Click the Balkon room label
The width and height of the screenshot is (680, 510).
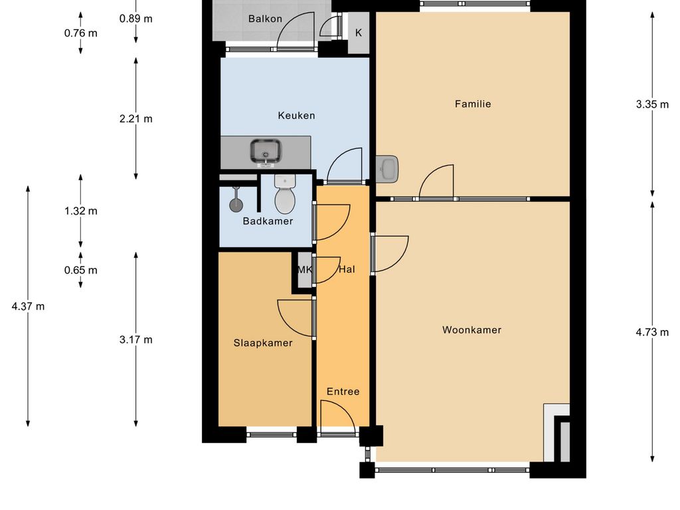[265, 19]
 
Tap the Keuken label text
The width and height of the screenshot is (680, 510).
[296, 116]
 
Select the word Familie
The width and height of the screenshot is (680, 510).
[473, 104]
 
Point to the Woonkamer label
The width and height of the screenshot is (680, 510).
[472, 329]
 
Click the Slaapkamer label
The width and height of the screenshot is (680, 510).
[263, 343]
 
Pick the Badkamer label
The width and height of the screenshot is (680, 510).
[268, 221]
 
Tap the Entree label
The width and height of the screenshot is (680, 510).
[343, 392]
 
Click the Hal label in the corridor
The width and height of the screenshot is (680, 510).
[347, 270]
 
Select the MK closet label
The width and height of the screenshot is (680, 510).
[304, 270]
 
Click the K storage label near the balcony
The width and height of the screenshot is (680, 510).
[359, 33]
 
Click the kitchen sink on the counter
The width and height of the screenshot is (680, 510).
[266, 153]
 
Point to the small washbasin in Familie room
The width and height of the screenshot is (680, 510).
[387, 169]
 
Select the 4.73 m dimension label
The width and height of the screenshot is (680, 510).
[652, 332]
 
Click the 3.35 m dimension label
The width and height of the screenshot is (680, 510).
[652, 104]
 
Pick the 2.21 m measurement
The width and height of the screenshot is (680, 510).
[135, 118]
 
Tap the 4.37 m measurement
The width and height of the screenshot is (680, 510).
[28, 306]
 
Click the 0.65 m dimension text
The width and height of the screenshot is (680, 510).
[80, 270]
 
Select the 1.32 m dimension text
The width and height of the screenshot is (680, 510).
[80, 211]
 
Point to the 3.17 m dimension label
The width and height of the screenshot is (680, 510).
[135, 339]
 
